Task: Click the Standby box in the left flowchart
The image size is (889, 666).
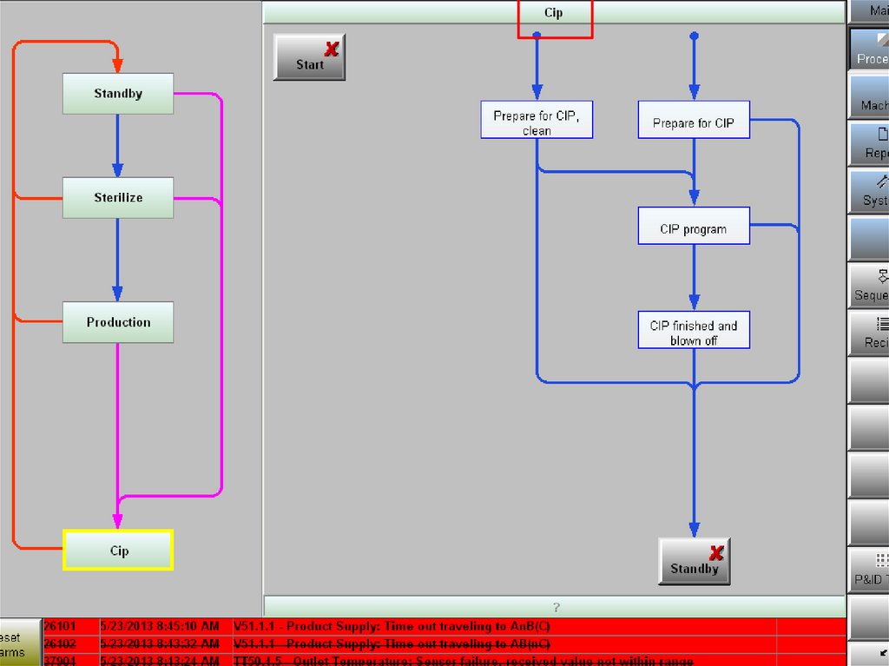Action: [x=118, y=94]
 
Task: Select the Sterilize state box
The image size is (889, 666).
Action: [x=118, y=198]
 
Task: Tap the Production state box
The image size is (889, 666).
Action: [x=118, y=322]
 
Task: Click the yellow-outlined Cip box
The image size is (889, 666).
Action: [x=119, y=551]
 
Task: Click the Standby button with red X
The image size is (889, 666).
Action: [x=694, y=562]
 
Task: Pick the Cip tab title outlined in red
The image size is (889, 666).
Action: [x=554, y=13]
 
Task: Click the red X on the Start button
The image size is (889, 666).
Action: [x=332, y=49]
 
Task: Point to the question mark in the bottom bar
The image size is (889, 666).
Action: [x=556, y=607]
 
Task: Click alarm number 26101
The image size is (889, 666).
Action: [x=60, y=626]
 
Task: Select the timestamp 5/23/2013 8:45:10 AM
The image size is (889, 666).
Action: [x=160, y=626]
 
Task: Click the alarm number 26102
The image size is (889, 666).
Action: [x=60, y=644]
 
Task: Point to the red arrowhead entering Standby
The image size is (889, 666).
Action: [x=118, y=65]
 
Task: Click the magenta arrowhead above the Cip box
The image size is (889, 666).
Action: [x=118, y=520]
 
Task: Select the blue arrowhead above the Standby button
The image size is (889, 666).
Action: [x=694, y=529]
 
